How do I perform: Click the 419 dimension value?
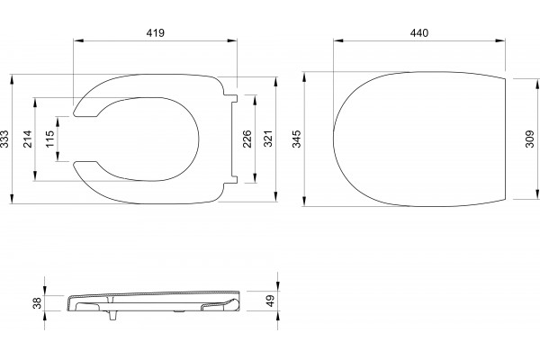tap(156, 32)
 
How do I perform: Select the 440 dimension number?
tap(419, 32)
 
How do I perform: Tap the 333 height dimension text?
tap(4, 139)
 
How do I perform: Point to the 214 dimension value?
tap(28, 139)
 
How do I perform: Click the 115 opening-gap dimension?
tap(49, 139)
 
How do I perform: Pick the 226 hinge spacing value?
tap(247, 139)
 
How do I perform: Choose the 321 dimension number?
tap(268, 139)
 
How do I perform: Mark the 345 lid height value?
tap(296, 139)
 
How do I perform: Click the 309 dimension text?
tap(530, 139)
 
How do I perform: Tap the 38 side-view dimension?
tap(37, 302)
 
